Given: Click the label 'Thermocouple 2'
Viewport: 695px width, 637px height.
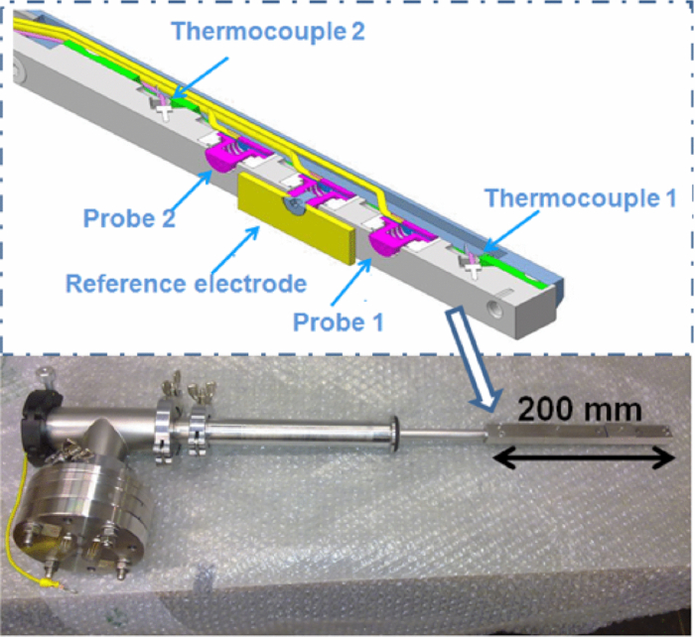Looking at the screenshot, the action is click(x=268, y=31).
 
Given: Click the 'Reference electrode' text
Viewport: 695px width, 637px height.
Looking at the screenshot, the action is click(x=186, y=284).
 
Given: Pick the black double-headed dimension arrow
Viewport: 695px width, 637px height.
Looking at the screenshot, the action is click(x=585, y=457).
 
